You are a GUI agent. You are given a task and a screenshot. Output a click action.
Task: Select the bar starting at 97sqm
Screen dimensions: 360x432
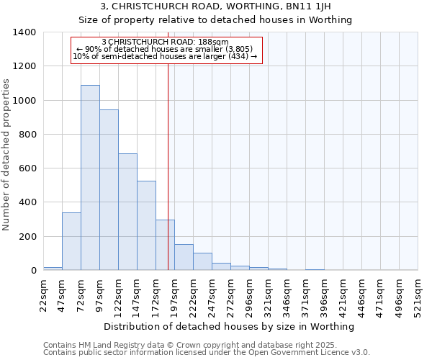109,190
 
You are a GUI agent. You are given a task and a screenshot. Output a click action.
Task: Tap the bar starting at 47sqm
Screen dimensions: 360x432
71,241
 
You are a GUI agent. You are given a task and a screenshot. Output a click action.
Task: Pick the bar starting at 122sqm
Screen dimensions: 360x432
127,212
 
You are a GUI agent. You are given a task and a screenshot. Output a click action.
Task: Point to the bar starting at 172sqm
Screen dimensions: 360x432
165,245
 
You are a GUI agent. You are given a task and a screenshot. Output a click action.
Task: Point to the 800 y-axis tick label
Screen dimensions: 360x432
27,135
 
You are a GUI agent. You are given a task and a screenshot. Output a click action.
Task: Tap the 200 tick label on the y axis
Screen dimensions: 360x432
27,237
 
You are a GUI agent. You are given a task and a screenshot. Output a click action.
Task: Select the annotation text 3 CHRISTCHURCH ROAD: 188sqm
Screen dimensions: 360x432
165,42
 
